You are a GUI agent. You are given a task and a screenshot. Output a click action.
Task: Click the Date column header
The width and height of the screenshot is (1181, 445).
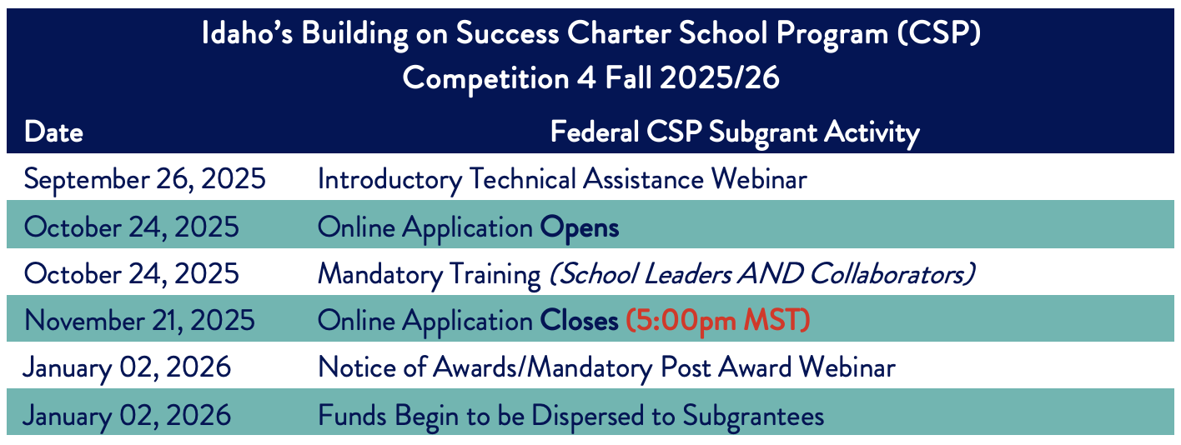point(53,132)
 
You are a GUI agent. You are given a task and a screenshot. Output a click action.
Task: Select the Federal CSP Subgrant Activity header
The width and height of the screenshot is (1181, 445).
point(735,132)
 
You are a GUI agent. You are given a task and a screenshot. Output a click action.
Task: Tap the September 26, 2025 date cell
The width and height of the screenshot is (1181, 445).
point(144,179)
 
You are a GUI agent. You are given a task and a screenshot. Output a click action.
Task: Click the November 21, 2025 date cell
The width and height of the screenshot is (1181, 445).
point(140,321)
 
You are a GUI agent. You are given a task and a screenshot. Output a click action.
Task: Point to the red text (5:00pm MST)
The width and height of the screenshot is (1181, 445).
point(717,321)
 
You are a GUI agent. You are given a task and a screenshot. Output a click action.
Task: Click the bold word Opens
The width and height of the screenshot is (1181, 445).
point(579,228)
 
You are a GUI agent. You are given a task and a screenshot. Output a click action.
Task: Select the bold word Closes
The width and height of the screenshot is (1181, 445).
point(578,321)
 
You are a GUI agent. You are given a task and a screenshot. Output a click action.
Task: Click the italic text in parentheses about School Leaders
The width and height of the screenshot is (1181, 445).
point(761,274)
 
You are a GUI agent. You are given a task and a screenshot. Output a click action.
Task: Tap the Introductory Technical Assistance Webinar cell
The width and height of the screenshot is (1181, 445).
point(562,179)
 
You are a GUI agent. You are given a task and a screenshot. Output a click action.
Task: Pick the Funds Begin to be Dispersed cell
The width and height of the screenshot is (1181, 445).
point(571,416)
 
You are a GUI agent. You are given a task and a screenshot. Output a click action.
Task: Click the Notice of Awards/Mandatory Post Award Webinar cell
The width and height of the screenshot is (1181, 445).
point(606,367)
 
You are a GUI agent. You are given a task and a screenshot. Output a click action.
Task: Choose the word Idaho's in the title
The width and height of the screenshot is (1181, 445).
point(247,33)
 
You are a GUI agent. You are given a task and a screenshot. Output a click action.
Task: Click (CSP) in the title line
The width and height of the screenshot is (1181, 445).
point(938,33)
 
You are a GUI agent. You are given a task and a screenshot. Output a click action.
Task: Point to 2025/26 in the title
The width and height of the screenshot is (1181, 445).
point(719,78)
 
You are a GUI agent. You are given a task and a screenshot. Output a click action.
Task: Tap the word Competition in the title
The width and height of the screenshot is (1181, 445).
point(485,79)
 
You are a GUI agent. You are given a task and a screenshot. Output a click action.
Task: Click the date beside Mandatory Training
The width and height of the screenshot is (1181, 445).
point(131,274)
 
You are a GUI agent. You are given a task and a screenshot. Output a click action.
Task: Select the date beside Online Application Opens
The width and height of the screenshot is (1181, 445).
point(131,227)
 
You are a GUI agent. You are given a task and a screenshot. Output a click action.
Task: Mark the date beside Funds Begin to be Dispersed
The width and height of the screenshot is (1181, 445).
point(127,416)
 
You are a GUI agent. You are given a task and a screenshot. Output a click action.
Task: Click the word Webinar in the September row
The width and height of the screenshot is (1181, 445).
point(759,179)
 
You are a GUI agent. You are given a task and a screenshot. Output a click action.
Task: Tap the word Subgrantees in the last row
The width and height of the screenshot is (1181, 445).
point(753,416)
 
